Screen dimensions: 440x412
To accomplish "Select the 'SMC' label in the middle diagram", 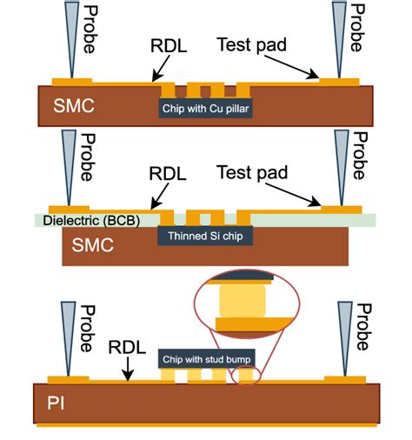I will (x=93, y=245).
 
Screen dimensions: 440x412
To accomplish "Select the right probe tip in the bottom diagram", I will (x=344, y=371).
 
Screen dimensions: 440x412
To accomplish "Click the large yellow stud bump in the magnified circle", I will (x=243, y=301).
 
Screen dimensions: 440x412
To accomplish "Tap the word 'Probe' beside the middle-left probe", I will (x=86, y=157).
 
